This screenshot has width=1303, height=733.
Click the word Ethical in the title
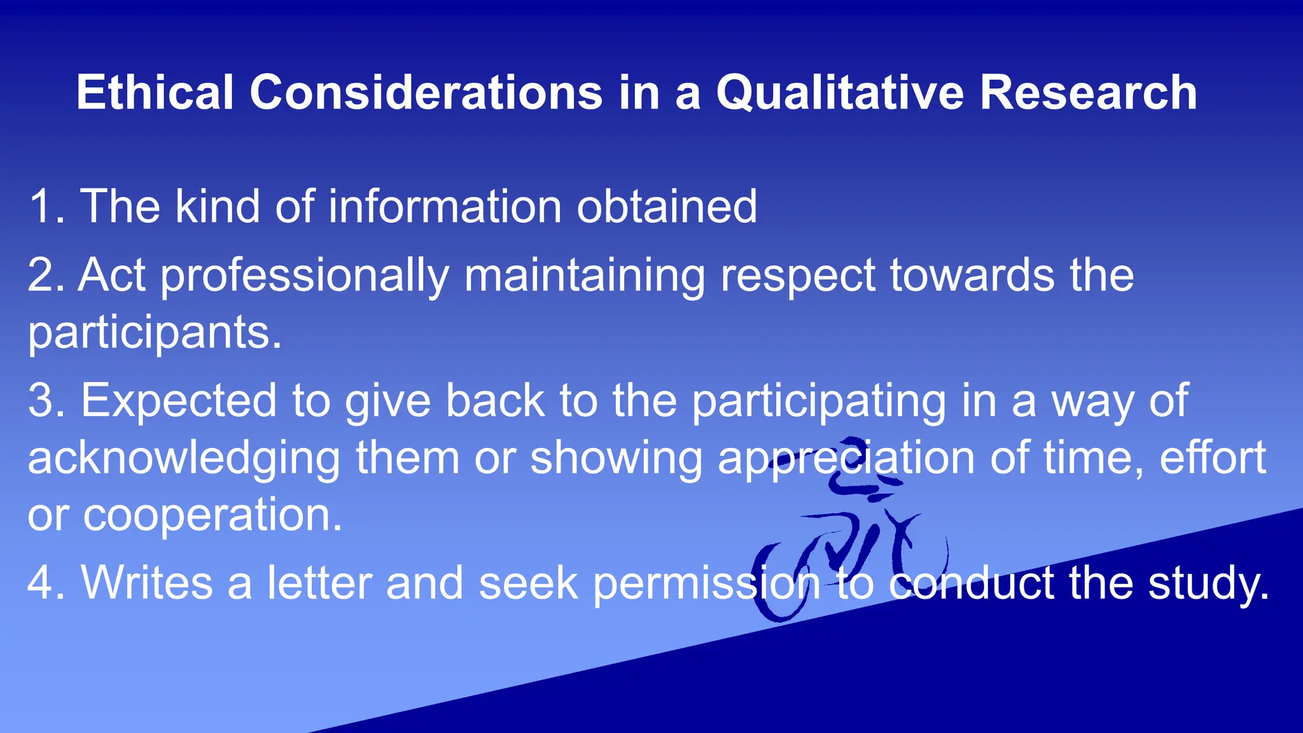pos(155,93)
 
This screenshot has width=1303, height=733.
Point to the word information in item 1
pos(444,207)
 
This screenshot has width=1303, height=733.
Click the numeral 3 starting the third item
pos(41,401)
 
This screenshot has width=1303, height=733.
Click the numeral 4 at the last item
pos(41,583)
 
